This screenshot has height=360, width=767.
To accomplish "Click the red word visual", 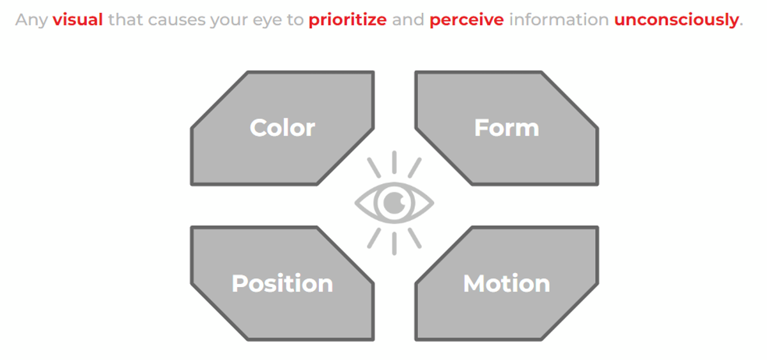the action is pos(78,20).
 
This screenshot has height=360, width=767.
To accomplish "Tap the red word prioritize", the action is pos(348,20).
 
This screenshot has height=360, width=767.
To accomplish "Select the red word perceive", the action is pos(467,20).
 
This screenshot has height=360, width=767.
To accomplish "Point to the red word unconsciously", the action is pos(676,20).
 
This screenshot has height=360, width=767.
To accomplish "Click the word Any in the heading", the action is pos(31,20).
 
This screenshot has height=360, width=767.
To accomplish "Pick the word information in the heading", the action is pos(559,20).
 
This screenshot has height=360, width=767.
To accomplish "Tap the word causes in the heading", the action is pos(176,20).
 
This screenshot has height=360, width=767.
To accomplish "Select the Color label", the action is pos(283,128).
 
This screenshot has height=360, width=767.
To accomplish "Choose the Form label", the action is pos(507,128).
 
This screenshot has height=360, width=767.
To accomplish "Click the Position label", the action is pos(283,284).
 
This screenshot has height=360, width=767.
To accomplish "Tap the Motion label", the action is pos(507,284).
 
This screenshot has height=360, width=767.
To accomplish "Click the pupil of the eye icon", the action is pos(394,203).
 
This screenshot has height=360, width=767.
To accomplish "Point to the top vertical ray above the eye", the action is pos(394,162).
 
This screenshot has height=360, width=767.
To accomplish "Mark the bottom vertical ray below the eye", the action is pos(394,244).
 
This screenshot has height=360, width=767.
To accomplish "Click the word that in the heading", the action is pos(125,20).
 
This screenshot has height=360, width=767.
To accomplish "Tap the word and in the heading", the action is pos(408,20).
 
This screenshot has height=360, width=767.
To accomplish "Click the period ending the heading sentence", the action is pos(741,25).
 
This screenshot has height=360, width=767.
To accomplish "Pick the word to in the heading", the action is pos(295,20).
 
